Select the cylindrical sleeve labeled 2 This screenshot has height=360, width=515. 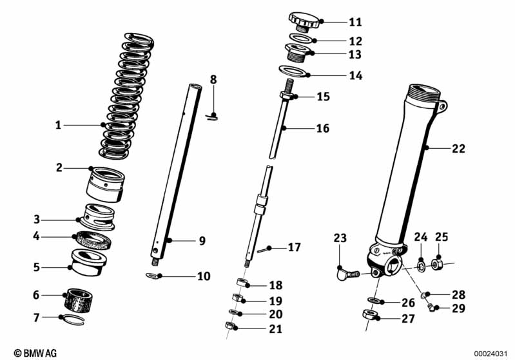coord(104,183)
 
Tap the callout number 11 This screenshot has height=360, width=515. coord(355,22)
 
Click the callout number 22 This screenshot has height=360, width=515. coord(458,149)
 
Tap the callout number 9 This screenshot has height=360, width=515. coord(202,241)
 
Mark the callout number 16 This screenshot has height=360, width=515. coord(322,129)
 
